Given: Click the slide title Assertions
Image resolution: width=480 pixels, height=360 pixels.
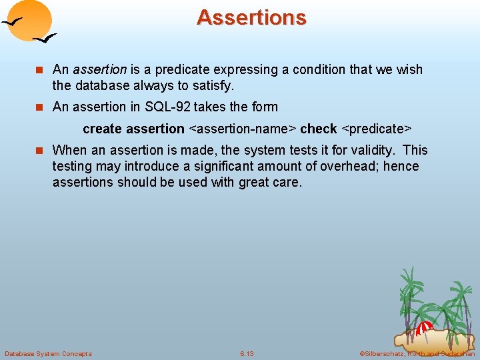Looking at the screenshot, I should click(251, 17).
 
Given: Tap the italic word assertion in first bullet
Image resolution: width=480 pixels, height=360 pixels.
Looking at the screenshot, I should click(99, 69).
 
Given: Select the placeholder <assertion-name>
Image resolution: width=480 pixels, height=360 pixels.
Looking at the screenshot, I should click(242, 128).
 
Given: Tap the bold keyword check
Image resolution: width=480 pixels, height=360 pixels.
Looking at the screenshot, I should click(318, 128).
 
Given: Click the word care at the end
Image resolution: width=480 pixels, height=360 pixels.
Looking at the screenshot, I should click(287, 182).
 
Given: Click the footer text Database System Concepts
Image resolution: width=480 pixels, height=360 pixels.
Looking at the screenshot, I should click(48, 353).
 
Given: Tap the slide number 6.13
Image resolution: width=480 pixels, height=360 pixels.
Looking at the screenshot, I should click(247, 353).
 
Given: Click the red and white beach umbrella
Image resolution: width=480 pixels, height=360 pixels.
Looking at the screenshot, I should click(424, 327).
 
